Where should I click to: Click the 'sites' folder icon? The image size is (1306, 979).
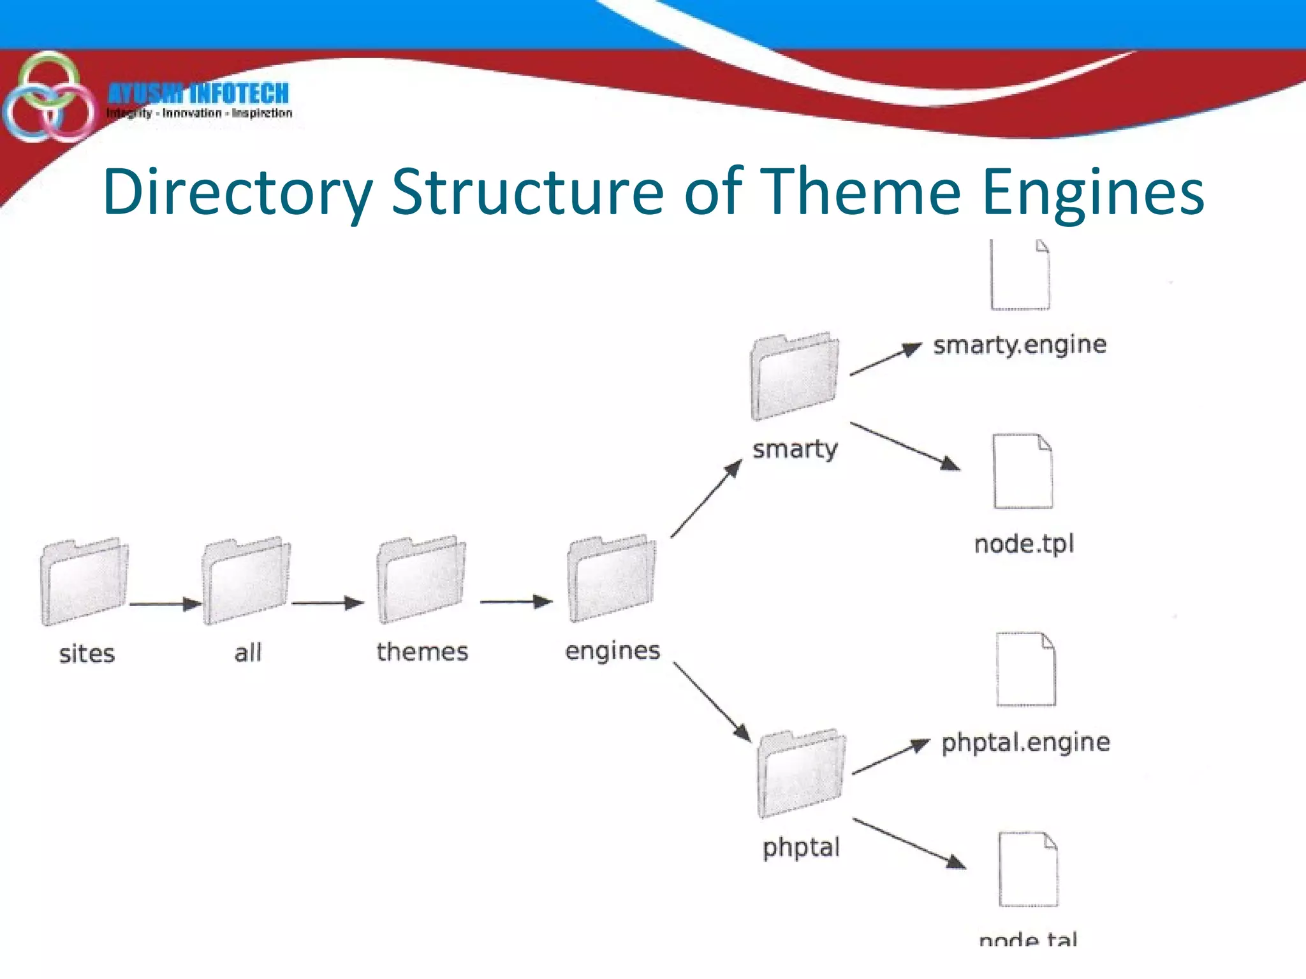[x=84, y=581]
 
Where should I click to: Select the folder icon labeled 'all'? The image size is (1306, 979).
[x=246, y=581]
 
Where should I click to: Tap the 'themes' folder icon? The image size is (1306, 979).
[x=421, y=579]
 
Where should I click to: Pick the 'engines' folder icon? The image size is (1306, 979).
[x=611, y=578]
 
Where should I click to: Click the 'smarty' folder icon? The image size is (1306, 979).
[x=795, y=376]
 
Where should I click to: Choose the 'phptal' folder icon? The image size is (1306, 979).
[x=801, y=773]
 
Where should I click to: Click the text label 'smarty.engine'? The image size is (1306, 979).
[x=1019, y=345]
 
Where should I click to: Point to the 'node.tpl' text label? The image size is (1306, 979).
[x=1024, y=544]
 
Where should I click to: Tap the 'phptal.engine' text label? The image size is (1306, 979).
[x=1025, y=743]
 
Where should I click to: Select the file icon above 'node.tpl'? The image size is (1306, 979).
[x=1023, y=471]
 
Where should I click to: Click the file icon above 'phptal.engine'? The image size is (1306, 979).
[x=1026, y=669]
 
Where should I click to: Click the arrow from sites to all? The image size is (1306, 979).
[x=165, y=604]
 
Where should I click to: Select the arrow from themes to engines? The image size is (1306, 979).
[x=516, y=601]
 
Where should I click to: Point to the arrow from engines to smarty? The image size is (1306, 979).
[x=707, y=498]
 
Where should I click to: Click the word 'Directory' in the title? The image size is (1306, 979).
[x=237, y=191]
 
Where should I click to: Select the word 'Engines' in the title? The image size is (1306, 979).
[x=1092, y=191]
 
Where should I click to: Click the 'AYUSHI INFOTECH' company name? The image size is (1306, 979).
[x=198, y=94]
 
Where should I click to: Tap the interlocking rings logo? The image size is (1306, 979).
[x=48, y=97]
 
